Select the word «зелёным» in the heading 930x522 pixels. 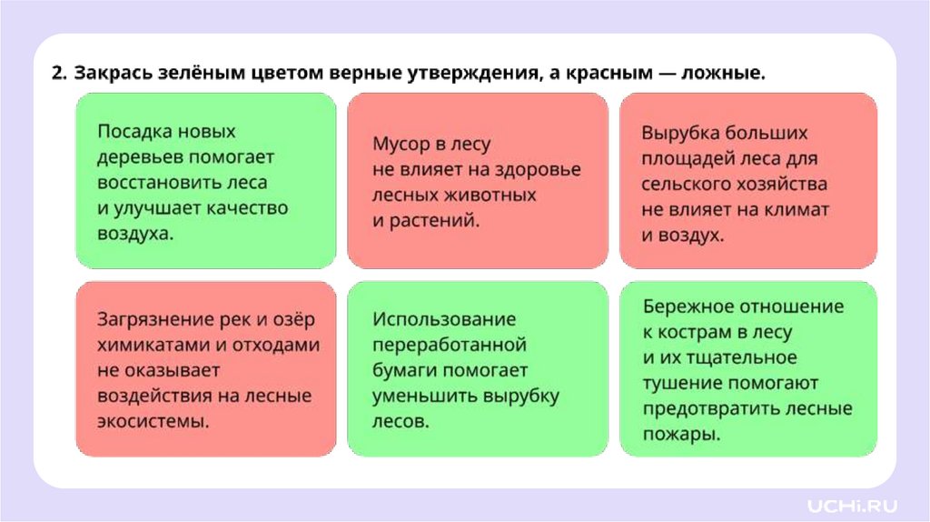click(197, 73)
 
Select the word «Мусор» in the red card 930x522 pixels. click(401, 145)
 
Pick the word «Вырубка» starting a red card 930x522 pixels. click(678, 133)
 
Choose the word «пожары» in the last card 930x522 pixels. click(678, 434)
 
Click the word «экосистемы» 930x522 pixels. click(151, 421)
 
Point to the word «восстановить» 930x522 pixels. click(155, 182)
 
